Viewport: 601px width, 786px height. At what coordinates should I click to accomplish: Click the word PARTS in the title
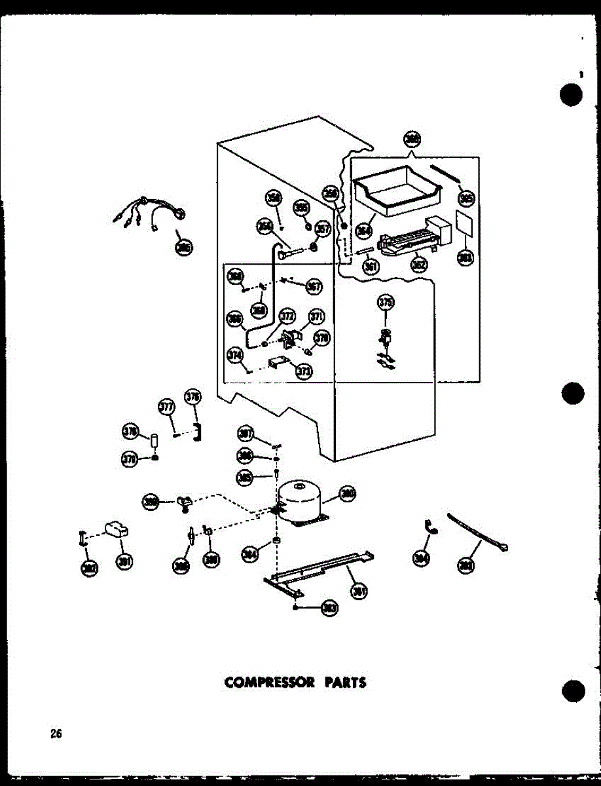coord(344,683)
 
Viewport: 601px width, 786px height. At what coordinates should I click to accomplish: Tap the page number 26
coord(56,734)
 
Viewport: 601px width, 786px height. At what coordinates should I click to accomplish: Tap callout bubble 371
coord(317,318)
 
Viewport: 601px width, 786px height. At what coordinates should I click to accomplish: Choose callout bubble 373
coord(303,371)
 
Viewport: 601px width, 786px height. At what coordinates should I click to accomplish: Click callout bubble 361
coord(371,267)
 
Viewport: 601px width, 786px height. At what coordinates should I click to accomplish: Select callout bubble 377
coord(167,407)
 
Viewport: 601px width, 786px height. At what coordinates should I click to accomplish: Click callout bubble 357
coord(322,229)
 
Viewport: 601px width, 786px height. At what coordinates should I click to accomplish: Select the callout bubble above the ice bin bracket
coord(412,140)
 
